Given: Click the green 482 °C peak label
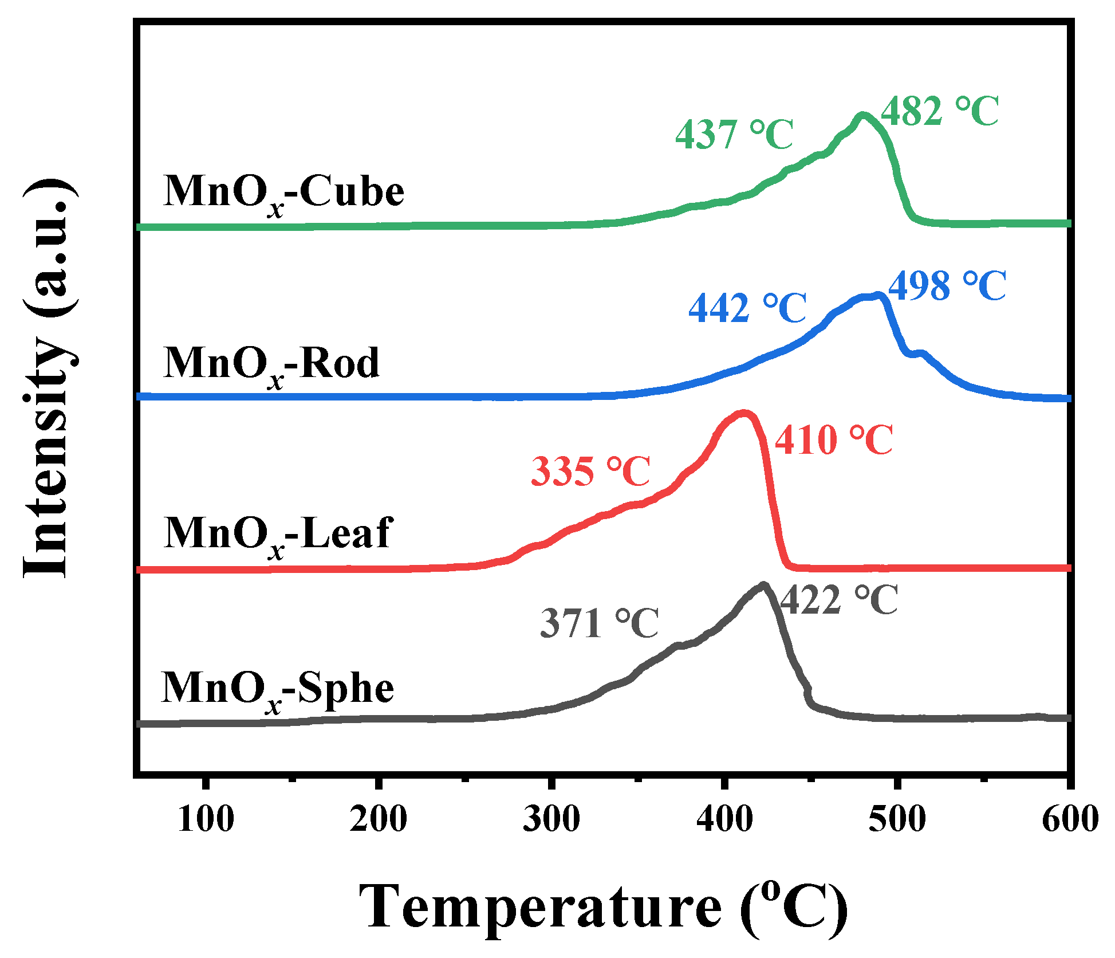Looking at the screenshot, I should (x=939, y=111).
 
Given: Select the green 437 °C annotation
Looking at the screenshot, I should (x=734, y=135).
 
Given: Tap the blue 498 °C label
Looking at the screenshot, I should (x=947, y=286).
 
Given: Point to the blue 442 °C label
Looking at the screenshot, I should (x=747, y=309).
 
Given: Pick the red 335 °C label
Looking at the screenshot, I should (x=590, y=472).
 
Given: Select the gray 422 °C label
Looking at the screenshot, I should (x=839, y=600).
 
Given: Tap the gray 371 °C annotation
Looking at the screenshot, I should (x=600, y=623).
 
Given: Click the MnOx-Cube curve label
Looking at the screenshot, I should (x=283, y=194).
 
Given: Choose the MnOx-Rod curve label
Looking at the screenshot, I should (x=271, y=366).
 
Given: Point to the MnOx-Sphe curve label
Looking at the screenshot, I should (x=278, y=689).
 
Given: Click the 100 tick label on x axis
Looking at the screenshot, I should (x=206, y=819).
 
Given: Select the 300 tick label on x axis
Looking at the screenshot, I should (x=551, y=819).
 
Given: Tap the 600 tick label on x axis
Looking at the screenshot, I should (x=1069, y=819).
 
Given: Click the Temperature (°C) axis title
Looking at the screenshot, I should (x=602, y=907).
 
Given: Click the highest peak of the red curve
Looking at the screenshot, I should (x=743, y=413).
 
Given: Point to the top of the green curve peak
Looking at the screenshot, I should (x=862, y=116).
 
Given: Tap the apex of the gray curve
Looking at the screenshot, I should (x=763, y=586).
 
